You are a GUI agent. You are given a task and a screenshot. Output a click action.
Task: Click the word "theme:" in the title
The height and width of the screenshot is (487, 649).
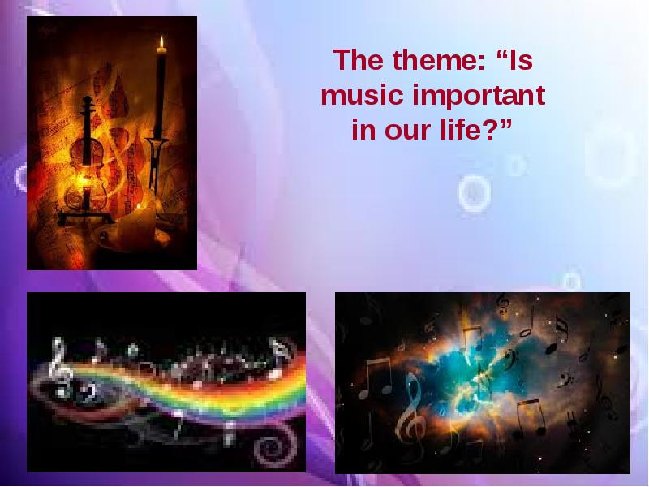click(439, 60)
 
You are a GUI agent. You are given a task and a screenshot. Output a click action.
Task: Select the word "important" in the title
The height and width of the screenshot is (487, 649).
click(479, 97)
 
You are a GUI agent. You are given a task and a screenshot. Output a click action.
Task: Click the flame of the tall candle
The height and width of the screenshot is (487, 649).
click(161, 43)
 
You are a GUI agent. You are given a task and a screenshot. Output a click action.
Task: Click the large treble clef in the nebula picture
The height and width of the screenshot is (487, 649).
click(411, 414)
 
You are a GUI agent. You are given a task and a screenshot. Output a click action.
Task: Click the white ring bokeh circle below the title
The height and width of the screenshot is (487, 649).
click(475, 194)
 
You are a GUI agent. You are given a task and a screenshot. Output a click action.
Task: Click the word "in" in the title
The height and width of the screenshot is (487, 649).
click(363, 130)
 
